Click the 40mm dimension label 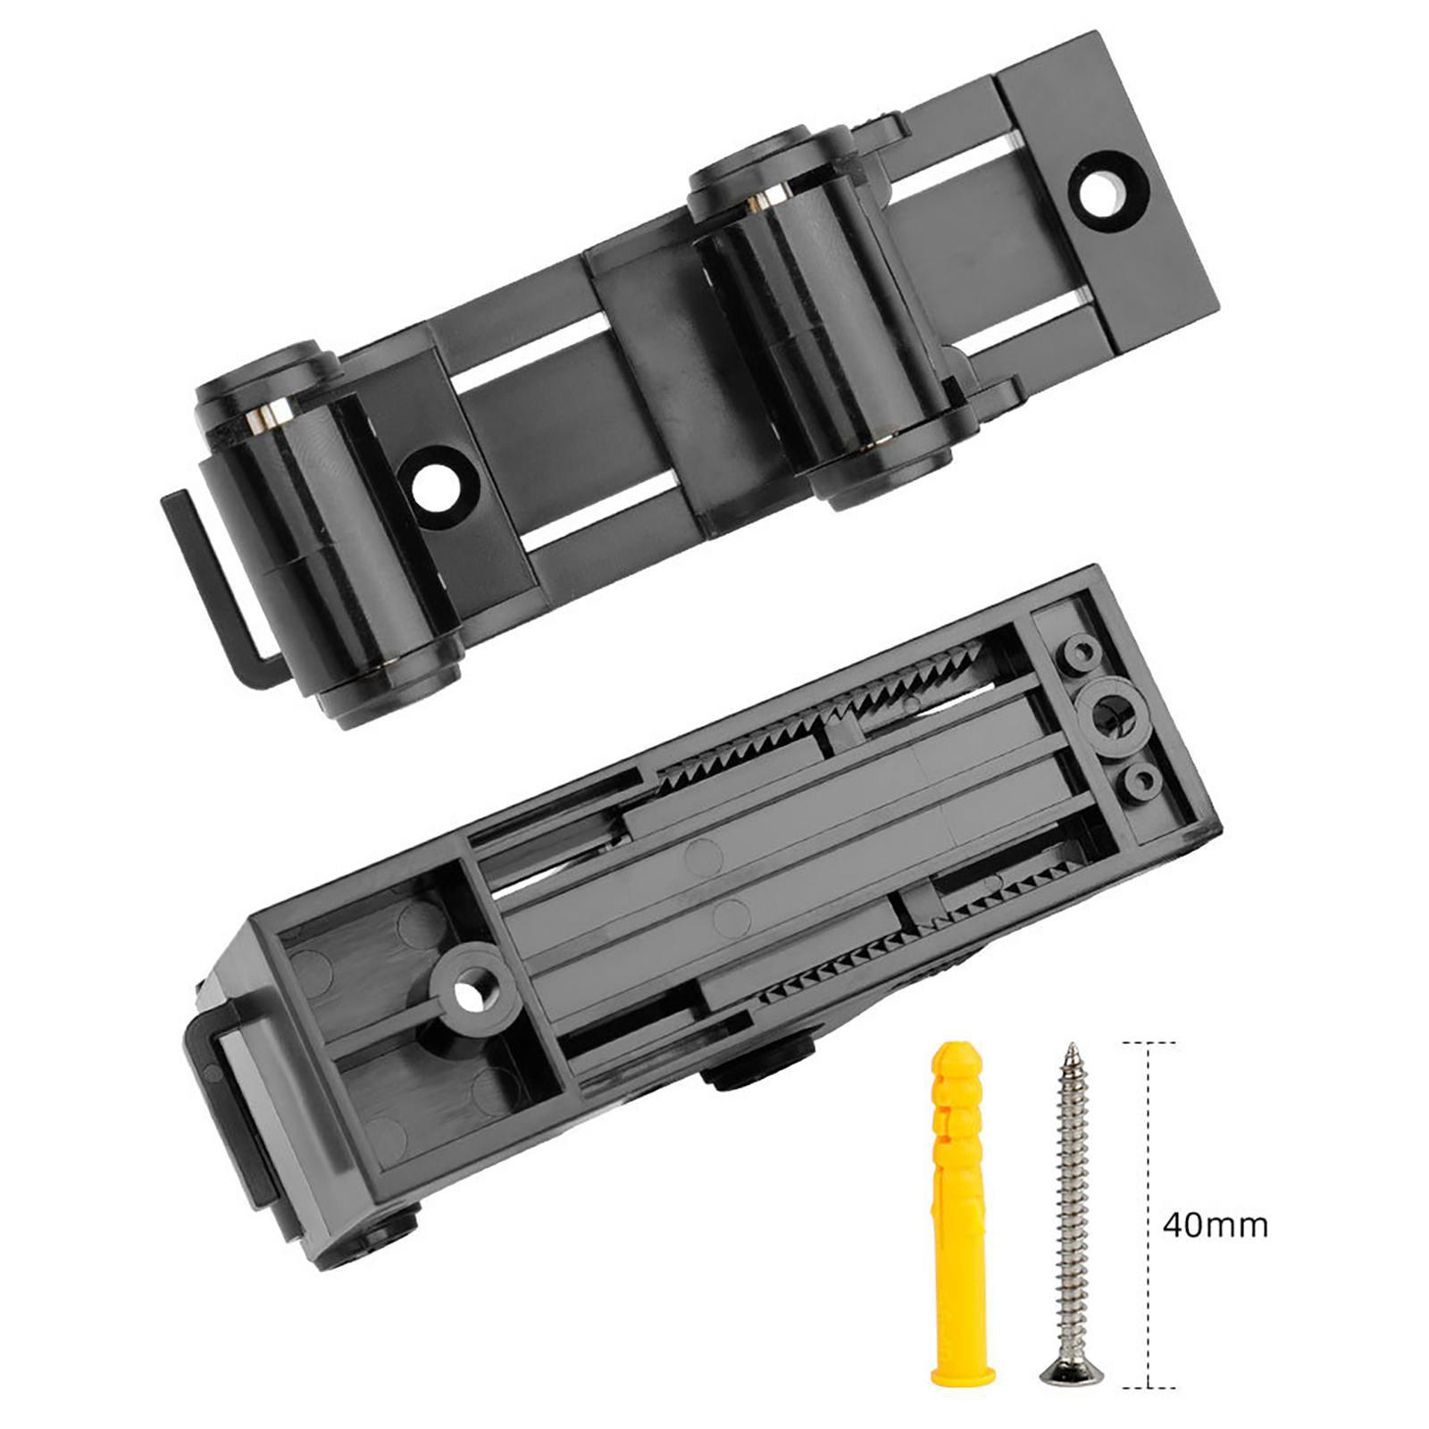point(1215,1224)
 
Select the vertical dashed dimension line point(1147,1215)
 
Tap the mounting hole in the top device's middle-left point(439,488)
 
